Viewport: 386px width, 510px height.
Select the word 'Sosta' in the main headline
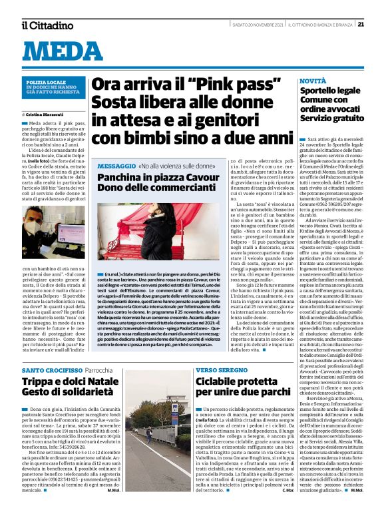click(x=114, y=103)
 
